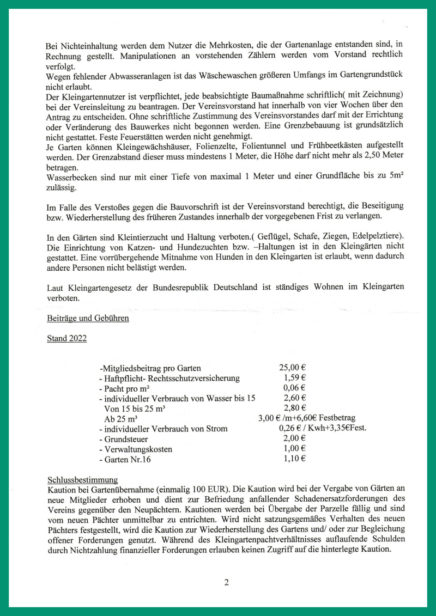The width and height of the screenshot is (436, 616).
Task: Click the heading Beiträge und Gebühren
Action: [88, 318]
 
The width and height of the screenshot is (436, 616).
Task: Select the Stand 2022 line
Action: [66, 338]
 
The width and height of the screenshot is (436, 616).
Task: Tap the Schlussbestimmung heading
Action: [82, 480]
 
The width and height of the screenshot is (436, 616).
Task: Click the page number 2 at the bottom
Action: [226, 582]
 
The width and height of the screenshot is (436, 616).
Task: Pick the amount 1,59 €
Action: [294, 378]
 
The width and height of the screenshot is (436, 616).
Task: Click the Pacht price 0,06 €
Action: [294, 388]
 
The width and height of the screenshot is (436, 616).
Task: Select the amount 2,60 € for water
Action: [294, 398]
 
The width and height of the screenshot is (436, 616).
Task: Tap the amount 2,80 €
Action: [294, 408]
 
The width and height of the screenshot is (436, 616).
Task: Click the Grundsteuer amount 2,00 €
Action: [294, 438]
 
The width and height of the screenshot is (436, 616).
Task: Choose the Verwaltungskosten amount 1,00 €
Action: [294, 449]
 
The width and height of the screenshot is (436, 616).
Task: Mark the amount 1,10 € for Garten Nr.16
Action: [294, 459]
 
